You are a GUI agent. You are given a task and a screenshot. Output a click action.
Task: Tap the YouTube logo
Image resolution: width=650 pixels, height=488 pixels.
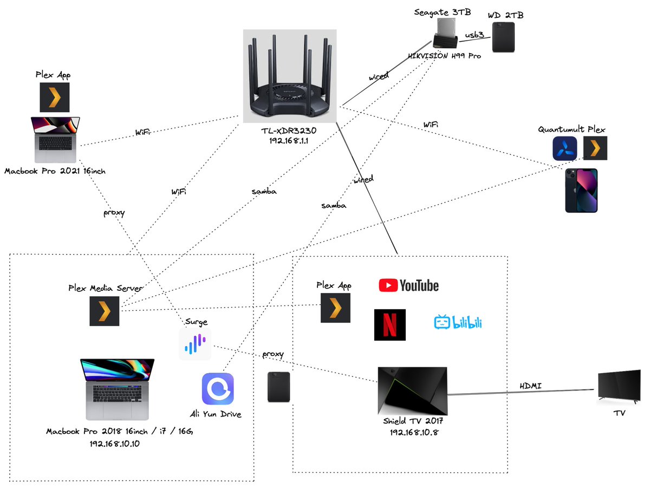click(x=409, y=285)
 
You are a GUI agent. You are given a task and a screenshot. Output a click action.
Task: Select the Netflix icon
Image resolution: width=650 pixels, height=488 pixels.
click(x=390, y=325)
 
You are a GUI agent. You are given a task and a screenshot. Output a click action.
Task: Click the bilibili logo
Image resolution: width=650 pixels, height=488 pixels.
click(x=458, y=323)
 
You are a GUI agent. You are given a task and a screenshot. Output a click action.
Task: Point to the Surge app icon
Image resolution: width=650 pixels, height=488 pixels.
click(x=195, y=344)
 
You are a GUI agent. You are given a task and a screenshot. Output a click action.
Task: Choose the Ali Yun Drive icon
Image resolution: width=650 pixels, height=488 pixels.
click(x=218, y=389)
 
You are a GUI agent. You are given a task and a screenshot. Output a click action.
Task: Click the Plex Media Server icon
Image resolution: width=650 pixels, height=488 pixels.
click(x=105, y=311)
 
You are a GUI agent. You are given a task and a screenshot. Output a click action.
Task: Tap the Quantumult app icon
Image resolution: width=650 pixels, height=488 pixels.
click(x=564, y=148)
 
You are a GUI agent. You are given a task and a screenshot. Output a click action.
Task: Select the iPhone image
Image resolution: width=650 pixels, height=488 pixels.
click(x=581, y=190)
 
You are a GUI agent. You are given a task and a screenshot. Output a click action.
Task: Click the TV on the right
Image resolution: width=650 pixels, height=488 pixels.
click(x=619, y=388)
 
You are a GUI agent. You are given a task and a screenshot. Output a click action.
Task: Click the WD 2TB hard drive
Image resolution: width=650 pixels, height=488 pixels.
click(x=504, y=37)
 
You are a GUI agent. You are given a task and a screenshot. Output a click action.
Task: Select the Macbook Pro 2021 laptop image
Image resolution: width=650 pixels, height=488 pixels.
click(x=56, y=140)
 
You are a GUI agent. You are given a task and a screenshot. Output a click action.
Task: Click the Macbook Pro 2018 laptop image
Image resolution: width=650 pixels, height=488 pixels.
click(x=117, y=389)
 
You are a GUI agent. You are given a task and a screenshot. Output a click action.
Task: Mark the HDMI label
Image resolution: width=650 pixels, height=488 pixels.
click(x=531, y=386)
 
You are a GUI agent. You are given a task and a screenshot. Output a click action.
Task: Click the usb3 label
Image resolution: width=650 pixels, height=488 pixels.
click(x=474, y=36)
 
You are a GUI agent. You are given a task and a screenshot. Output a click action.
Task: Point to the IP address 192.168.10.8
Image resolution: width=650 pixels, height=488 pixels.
click(x=413, y=432)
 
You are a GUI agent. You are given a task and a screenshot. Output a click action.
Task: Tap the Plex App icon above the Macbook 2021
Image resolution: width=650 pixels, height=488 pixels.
click(x=55, y=97)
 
